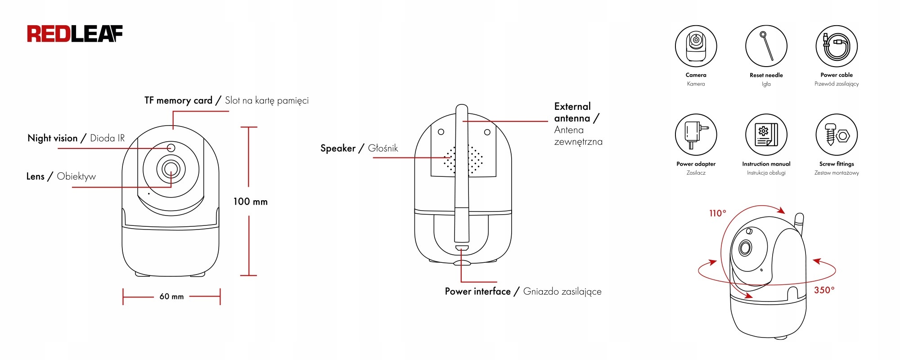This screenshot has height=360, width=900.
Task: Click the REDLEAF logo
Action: (75, 34)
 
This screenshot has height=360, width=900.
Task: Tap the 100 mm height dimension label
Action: (250, 202)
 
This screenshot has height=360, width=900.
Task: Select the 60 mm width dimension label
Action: (171, 297)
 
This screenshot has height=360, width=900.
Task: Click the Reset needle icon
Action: (766, 46)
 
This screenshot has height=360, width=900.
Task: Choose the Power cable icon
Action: (836, 46)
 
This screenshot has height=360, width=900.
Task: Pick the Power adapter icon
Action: (696, 135)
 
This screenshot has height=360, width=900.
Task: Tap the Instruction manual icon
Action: (766, 135)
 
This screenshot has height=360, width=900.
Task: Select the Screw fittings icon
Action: (836, 135)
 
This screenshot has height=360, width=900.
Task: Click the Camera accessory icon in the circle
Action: (696, 46)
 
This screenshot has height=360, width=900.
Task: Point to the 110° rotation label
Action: (717, 213)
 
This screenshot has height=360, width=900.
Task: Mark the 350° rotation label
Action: (824, 290)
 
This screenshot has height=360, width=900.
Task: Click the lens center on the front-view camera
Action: (171, 169)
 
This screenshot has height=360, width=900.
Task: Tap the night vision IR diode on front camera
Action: (171, 148)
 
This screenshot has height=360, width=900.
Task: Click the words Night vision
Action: (53, 138)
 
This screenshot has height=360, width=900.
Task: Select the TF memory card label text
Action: (178, 100)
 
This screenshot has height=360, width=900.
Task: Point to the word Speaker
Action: (337, 148)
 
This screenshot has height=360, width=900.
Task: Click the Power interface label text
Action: (477, 292)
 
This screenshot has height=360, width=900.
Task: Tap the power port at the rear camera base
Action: (462, 248)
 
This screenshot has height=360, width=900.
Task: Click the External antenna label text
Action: (572, 112)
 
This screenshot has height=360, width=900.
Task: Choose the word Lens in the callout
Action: (35, 176)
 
